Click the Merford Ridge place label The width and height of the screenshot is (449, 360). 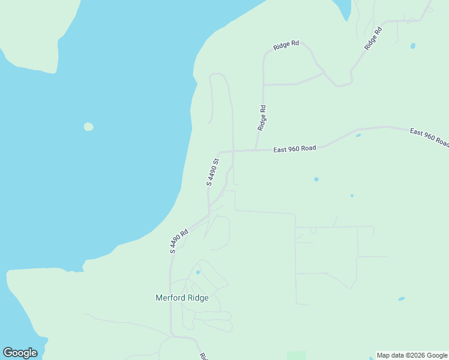coord(182,298)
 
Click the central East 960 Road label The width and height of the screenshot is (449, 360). coord(294,148)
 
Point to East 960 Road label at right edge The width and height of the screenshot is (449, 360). coord(429,137)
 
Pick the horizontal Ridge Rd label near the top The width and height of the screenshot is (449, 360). coord(286,46)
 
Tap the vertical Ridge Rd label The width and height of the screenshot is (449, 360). coord(262,118)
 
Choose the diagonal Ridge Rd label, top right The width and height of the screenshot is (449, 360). coord(373,38)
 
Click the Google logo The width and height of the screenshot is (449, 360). coord(20,353)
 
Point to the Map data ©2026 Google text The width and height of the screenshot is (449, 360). coord(412,355)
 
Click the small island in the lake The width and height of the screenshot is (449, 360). coord(88,127)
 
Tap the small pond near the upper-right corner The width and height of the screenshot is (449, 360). coord(412,46)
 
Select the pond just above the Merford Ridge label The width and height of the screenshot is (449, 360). coord(197,272)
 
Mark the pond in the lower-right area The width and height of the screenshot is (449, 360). coord(401,299)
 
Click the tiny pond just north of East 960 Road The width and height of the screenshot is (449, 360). coord(358,136)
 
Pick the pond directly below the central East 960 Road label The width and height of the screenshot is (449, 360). coord(316,179)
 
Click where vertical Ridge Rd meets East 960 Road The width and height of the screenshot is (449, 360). coord(256,150)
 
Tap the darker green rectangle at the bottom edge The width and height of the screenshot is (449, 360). coord(297,356)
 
